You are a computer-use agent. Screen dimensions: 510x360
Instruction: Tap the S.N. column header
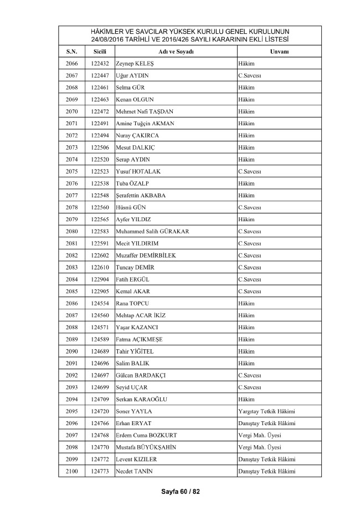71,51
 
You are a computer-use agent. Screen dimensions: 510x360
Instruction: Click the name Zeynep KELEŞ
135,63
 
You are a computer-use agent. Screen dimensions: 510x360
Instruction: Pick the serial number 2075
71,171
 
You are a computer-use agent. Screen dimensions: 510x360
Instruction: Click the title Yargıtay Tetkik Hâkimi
265,411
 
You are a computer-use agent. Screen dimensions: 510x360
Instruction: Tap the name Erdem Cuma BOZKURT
146,435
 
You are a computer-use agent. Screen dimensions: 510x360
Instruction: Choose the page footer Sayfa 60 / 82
179,492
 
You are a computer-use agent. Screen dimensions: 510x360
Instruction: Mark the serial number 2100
71,471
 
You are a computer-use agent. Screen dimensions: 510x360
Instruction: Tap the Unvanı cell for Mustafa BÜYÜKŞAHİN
259,447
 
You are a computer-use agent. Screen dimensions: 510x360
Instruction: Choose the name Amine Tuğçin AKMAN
145,123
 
